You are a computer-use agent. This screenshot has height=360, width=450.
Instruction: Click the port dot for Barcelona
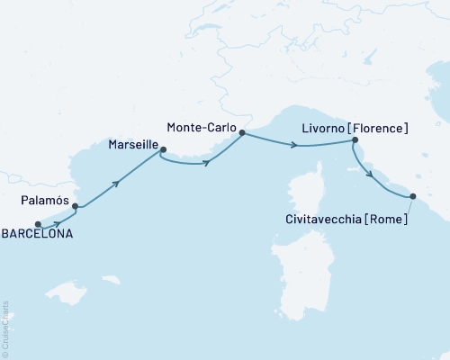[38, 224]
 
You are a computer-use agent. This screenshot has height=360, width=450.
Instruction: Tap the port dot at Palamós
[75, 206]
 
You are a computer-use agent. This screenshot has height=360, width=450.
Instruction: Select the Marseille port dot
[162, 150]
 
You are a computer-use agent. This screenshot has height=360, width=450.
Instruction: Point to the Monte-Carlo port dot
[242, 131]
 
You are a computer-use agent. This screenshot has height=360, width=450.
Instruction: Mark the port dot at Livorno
[355, 139]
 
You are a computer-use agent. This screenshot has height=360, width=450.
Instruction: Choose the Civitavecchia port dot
[413, 196]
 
